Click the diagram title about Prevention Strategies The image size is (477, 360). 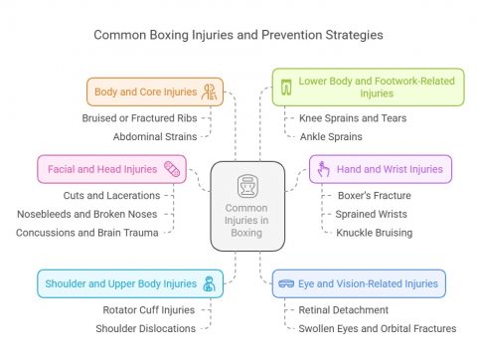[x=238, y=34]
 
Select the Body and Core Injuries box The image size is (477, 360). [x=154, y=91]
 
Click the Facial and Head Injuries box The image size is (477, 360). [x=110, y=168]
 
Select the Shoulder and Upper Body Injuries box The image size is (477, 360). [x=124, y=283]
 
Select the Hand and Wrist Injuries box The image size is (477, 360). [x=381, y=168]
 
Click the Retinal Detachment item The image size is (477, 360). [x=344, y=309]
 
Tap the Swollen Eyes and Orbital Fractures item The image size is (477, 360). [x=378, y=328]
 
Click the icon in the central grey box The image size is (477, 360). [x=246, y=186]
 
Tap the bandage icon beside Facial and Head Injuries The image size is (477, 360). [x=171, y=168]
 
